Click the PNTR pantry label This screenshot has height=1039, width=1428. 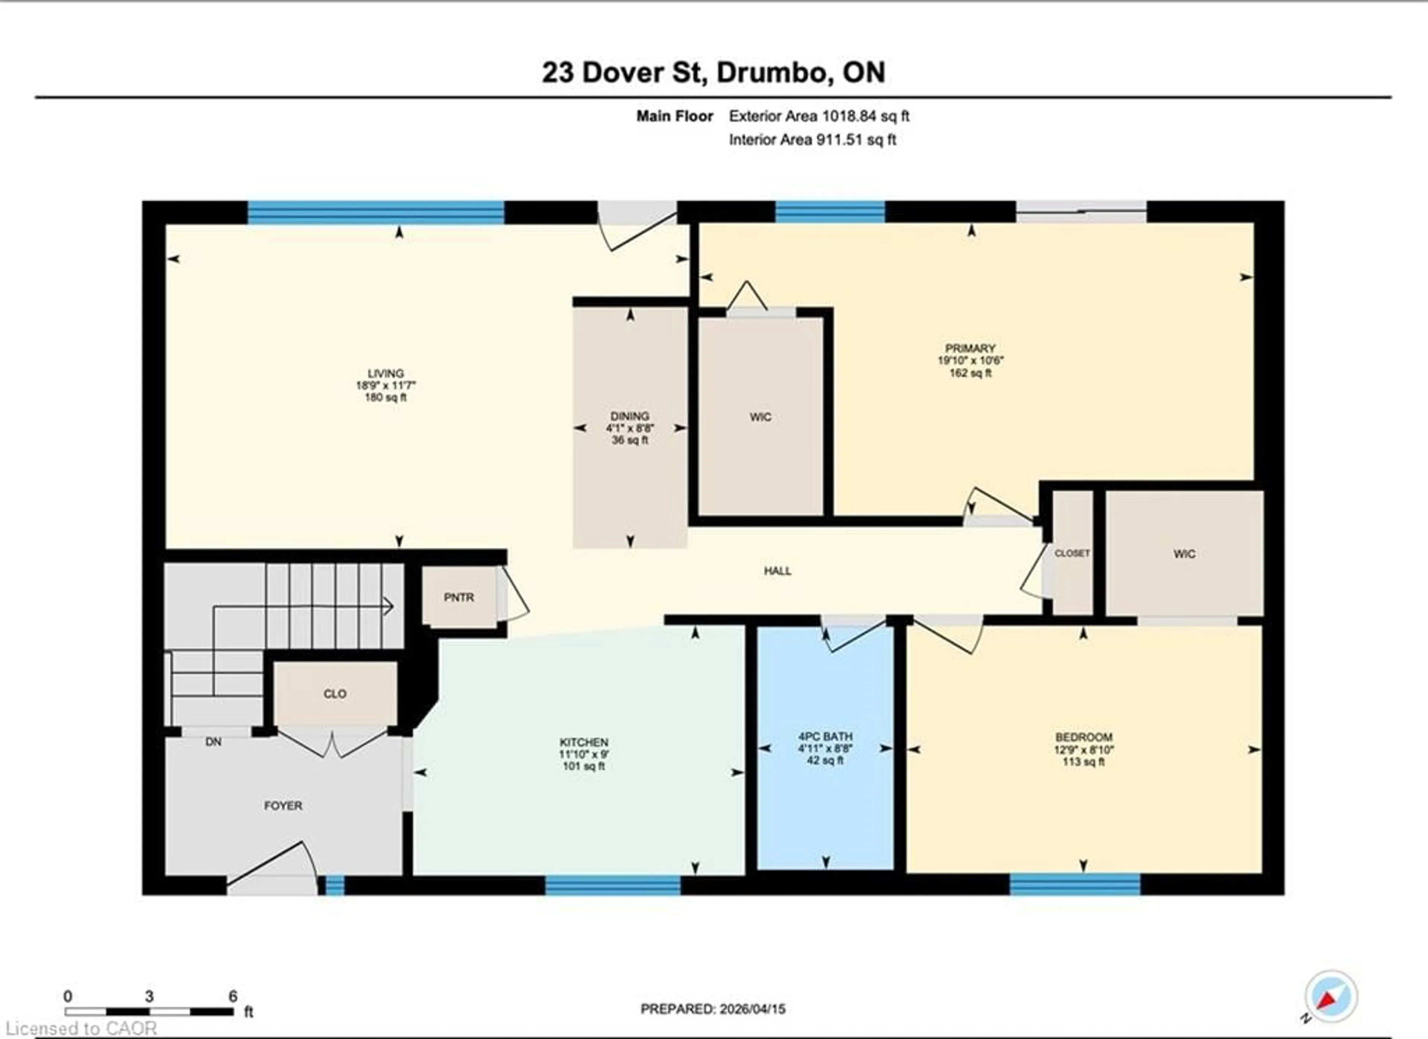click(x=459, y=597)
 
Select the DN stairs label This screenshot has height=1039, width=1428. click(x=213, y=742)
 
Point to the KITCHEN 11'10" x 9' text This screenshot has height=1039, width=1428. click(x=584, y=754)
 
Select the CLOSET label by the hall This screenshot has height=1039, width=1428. click(x=1072, y=553)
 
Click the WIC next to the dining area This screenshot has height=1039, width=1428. click(x=760, y=417)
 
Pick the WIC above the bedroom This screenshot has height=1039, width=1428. click(x=1184, y=553)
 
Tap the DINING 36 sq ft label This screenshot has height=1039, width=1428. click(x=630, y=428)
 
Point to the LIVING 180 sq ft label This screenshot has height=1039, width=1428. click(x=385, y=385)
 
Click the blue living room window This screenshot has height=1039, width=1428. click(x=376, y=212)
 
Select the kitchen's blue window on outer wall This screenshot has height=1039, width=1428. click(x=612, y=885)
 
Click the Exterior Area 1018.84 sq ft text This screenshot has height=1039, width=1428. click(x=818, y=116)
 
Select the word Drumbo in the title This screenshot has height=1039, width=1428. click(x=771, y=73)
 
